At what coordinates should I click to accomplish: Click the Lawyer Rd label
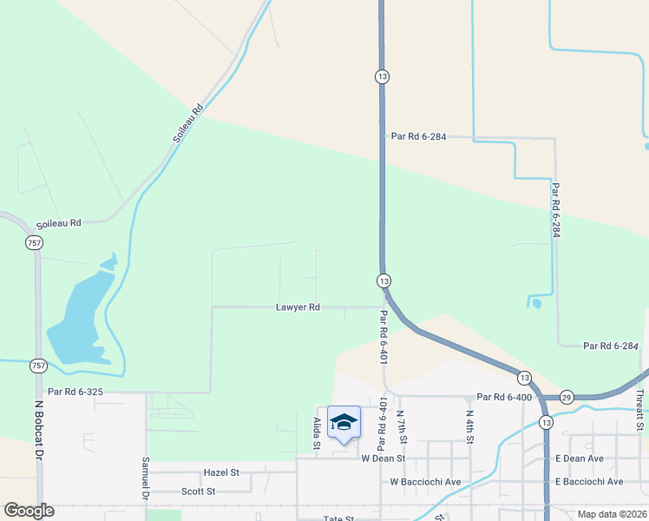coord(298,307)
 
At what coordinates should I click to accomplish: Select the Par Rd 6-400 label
coord(503,396)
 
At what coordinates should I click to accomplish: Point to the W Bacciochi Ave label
coord(425,481)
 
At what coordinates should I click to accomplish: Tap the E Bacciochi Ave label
coord(590,481)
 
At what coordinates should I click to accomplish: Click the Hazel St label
coord(220,472)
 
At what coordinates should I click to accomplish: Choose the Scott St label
coord(198,491)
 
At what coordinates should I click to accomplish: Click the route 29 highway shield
coord(567,396)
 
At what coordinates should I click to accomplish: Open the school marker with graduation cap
coord(344,423)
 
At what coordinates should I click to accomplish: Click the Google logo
coord(29,511)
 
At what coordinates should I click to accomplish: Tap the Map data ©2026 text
coord(612,514)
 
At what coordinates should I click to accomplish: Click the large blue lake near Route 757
coord(78,317)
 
